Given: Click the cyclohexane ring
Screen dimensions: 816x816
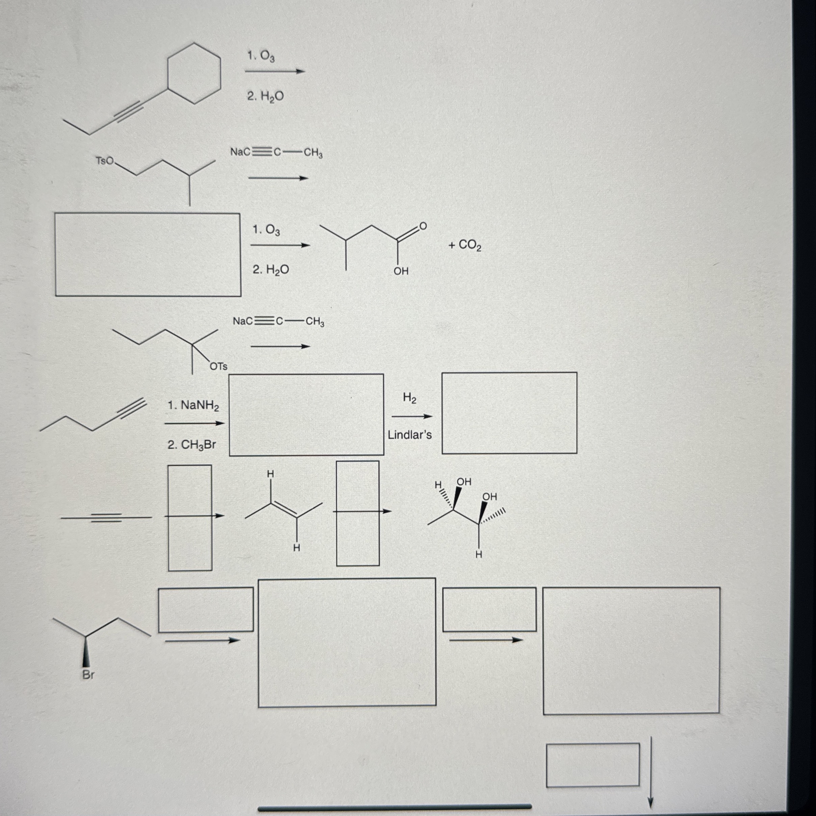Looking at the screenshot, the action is pos(194,73).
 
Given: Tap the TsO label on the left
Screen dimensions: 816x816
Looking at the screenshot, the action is pos(104,161).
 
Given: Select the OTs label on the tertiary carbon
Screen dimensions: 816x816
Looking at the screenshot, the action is pos(218,367).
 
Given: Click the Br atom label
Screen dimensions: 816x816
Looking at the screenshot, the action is pos(88,675).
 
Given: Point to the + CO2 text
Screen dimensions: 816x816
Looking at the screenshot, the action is pos(465,245).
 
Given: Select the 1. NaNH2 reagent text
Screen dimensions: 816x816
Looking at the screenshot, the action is pos(193,405).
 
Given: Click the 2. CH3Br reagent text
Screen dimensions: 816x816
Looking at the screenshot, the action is pos(192,445).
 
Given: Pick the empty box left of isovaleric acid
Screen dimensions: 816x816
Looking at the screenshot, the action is pos(148,255).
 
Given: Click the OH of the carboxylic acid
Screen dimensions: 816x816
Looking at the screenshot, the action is pos(401,271).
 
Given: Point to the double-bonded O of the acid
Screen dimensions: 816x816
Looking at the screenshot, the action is pos(423,227).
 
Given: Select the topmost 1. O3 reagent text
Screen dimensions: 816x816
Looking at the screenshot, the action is pos(261,56).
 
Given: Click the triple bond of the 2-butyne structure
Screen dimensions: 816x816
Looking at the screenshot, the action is pos(106,518).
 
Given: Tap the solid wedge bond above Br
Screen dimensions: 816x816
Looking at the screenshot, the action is pos(86,651).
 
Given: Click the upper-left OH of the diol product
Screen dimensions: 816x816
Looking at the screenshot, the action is pos(464,482).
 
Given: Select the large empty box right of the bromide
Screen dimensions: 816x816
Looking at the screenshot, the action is pos(347,642).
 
